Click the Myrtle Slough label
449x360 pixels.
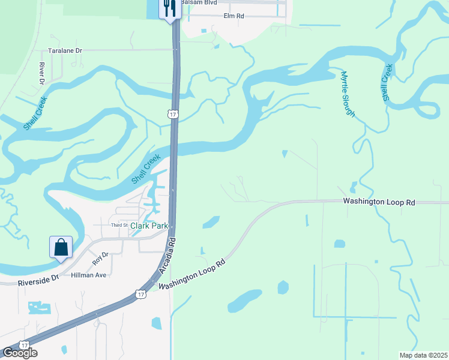(x=348, y=94)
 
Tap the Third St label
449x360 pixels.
(x=119, y=225)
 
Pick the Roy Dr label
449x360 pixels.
(x=100, y=259)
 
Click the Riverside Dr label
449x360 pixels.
(x=40, y=278)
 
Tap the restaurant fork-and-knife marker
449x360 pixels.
(x=170, y=8)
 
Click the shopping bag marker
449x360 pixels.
(x=61, y=247)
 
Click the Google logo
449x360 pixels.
(x=19, y=353)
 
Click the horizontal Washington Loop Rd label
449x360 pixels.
(x=379, y=202)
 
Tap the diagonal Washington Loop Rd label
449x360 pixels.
(x=192, y=275)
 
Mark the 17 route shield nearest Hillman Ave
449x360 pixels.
(x=140, y=294)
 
